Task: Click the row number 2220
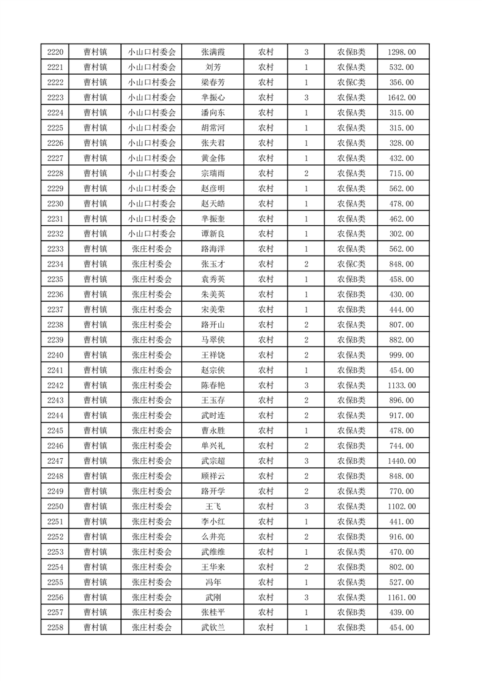(x=55, y=52)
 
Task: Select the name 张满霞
(x=213, y=52)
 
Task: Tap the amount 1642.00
(x=401, y=98)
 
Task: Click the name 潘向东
(x=213, y=113)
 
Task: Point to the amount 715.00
(x=401, y=174)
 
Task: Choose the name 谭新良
(x=213, y=234)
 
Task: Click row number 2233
(x=55, y=249)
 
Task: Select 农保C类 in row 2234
(x=351, y=265)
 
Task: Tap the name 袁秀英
(x=213, y=280)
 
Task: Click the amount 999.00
(x=401, y=356)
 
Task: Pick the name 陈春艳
(x=213, y=386)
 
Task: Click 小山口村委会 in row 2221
(x=152, y=67)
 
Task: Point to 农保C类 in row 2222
(x=351, y=83)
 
